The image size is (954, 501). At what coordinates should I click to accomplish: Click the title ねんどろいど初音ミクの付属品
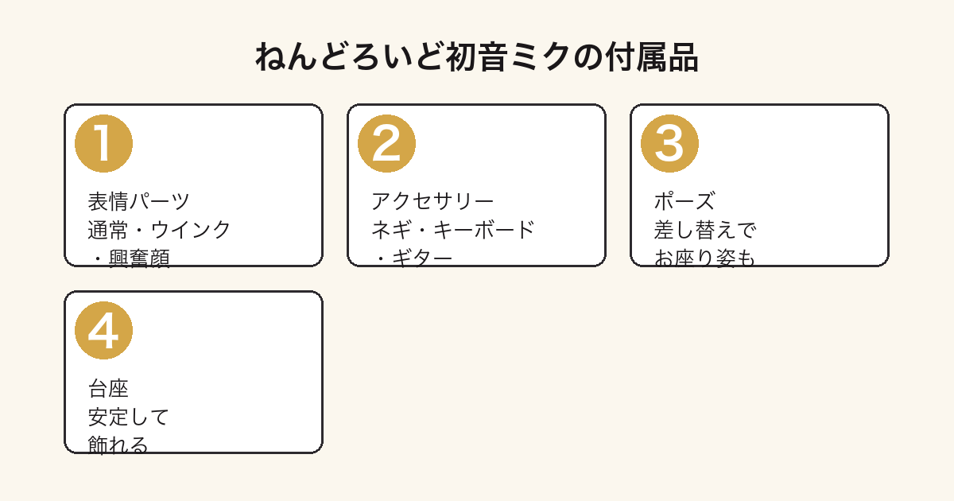(476, 57)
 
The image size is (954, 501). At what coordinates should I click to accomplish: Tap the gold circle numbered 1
(103, 144)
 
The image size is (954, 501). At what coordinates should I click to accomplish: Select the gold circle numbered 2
(386, 144)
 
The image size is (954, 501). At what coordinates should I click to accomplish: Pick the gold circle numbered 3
(669, 144)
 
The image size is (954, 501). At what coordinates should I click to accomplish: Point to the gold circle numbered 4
(103, 331)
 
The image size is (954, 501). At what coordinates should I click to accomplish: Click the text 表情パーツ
(138, 201)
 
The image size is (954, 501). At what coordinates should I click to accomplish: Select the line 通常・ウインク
(159, 230)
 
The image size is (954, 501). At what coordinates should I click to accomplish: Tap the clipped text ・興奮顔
(129, 258)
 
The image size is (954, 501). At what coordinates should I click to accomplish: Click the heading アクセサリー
(432, 201)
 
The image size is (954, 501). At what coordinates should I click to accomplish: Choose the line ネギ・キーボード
(452, 230)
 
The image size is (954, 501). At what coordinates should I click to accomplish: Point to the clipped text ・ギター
(412, 258)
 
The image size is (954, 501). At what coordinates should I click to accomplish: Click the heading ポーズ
(684, 201)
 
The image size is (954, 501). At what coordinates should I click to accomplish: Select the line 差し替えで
(705, 230)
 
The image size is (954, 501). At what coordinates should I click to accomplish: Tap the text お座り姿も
(705, 258)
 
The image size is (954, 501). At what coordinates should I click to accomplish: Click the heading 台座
(108, 389)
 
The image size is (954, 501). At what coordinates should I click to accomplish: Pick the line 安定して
(129, 417)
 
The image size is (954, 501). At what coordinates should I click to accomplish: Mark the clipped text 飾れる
(118, 445)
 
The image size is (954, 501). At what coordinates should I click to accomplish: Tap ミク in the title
(541, 57)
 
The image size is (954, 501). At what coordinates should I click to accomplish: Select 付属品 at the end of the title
(652, 57)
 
